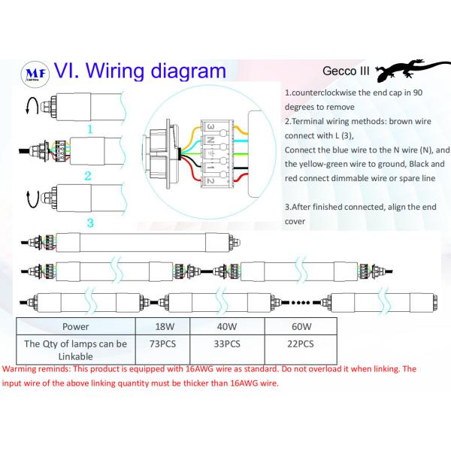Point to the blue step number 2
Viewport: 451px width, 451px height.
tap(88, 176)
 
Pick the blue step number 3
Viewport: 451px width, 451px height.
tap(89, 222)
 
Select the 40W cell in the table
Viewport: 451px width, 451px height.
tap(226, 327)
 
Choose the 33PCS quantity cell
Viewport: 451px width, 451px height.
tap(226, 344)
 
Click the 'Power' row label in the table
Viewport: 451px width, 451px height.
tap(76, 327)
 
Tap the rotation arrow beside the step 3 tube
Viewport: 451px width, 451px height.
tap(29, 198)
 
